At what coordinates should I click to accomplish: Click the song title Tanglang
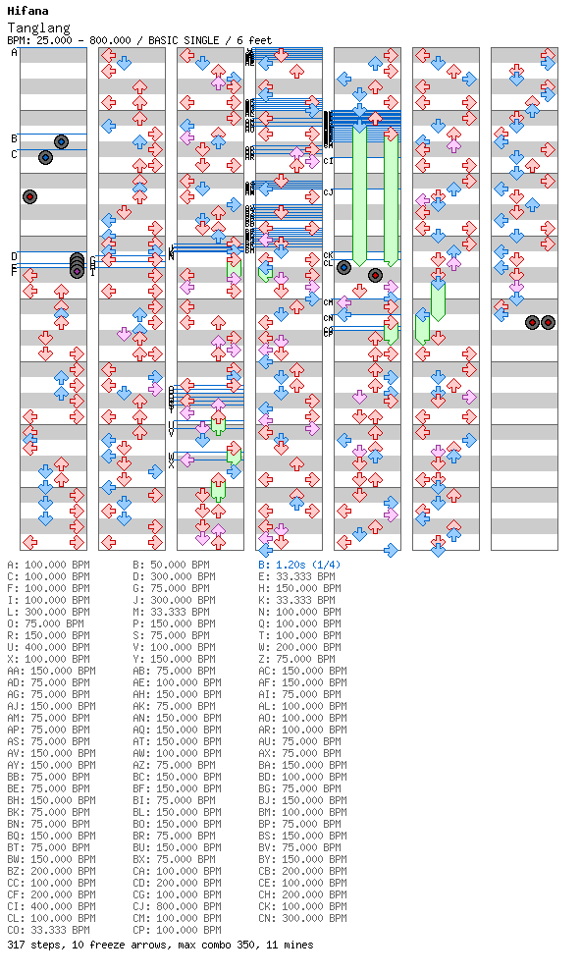point(38,28)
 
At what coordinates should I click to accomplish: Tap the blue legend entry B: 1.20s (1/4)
point(299,566)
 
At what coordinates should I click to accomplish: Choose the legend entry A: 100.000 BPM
point(51,566)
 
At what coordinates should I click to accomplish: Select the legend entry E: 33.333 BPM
point(299,577)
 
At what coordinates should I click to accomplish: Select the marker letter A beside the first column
point(15,53)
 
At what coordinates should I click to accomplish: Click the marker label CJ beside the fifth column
point(328,192)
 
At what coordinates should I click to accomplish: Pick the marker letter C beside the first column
point(15,154)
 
